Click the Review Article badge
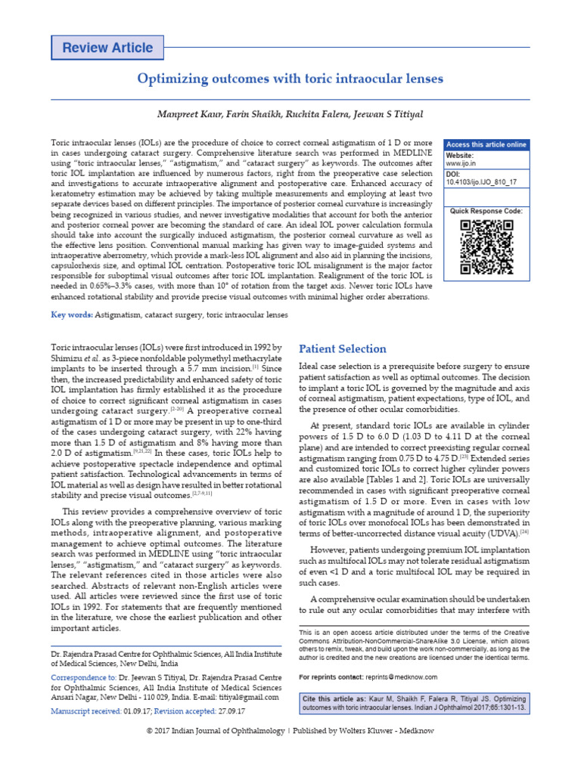[x=107, y=48]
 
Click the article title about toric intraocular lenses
[x=290, y=79]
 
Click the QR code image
[x=486, y=247]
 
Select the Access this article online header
[x=486, y=144]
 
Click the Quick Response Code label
[x=486, y=211]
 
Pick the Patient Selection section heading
[x=343, y=348]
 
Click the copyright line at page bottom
[x=290, y=752]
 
